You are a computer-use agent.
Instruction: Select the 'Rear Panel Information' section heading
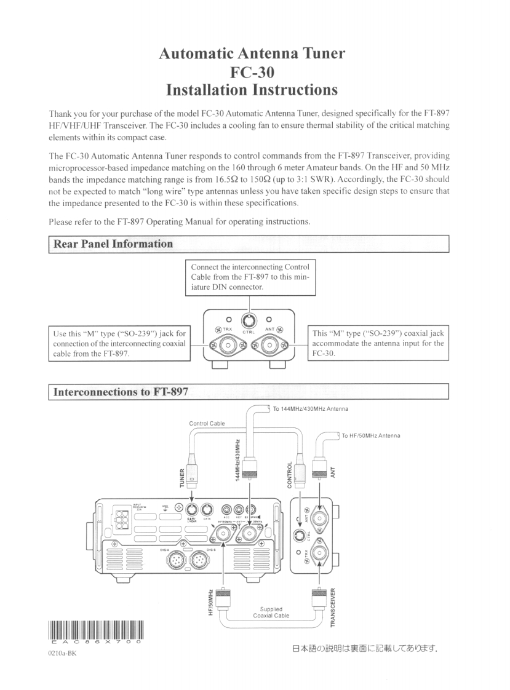pyautogui.click(x=114, y=244)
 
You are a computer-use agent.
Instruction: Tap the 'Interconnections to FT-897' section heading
pyautogui.click(x=122, y=391)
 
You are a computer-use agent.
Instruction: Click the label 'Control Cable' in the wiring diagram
pyautogui.click(x=208, y=424)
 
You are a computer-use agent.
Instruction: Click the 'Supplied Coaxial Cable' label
pyautogui.click(x=271, y=613)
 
